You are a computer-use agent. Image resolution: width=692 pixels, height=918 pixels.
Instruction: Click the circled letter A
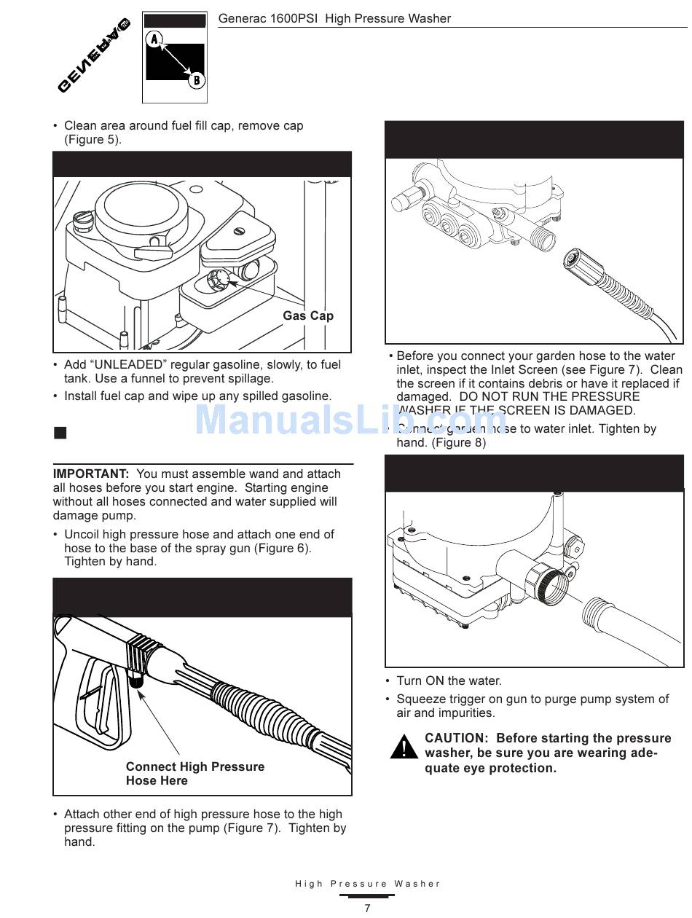pyautogui.click(x=154, y=39)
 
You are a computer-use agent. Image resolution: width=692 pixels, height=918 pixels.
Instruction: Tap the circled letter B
pyautogui.click(x=197, y=80)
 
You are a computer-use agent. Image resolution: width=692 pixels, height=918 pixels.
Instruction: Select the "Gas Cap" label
pyautogui.click(x=307, y=315)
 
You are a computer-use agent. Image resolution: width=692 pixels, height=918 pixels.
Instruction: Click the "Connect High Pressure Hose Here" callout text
pyautogui.click(x=194, y=774)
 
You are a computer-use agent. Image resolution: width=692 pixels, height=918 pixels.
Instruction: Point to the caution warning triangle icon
pyautogui.click(x=403, y=748)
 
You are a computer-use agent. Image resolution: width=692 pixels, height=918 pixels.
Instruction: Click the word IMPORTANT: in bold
pyautogui.click(x=91, y=474)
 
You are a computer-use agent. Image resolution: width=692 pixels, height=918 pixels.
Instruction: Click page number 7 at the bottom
pyautogui.click(x=367, y=908)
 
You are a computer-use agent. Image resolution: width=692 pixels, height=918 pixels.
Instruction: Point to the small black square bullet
pyautogui.click(x=60, y=433)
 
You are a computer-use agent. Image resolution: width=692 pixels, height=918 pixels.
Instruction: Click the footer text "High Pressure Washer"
pyautogui.click(x=368, y=884)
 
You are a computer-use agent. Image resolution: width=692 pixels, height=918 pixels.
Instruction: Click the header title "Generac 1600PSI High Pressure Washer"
pyautogui.click(x=334, y=18)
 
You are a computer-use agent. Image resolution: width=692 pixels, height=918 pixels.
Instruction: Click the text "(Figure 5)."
pyautogui.click(x=93, y=140)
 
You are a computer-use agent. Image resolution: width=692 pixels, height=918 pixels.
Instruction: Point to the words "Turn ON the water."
pyautogui.click(x=449, y=681)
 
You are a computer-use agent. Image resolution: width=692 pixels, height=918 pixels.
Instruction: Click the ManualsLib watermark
pyautogui.click(x=350, y=420)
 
